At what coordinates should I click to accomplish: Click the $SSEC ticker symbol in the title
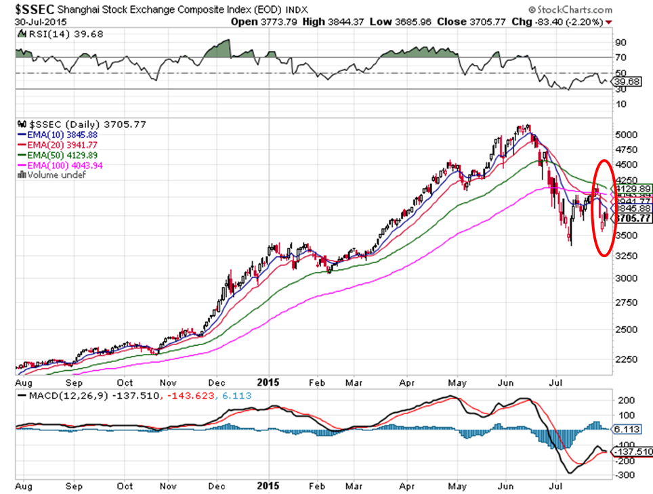pyautogui.click(x=32, y=10)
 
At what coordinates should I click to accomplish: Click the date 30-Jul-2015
pyautogui.click(x=40, y=22)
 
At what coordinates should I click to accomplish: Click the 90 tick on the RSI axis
pyautogui.click(x=620, y=43)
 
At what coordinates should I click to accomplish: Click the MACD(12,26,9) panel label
pyautogui.click(x=51, y=395)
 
